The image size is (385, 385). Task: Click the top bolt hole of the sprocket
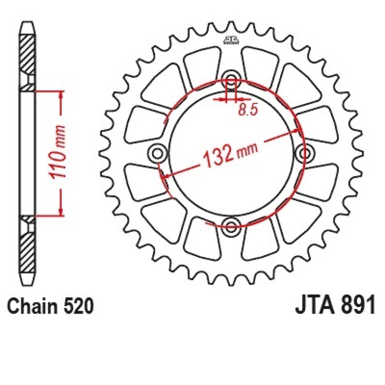click(x=230, y=76)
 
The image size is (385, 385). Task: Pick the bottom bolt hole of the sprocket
click(x=230, y=227)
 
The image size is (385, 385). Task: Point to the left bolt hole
click(x=156, y=152)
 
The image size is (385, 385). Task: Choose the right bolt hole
click(x=305, y=152)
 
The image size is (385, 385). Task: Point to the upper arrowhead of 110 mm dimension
click(x=60, y=95)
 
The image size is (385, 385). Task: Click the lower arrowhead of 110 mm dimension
click(x=60, y=211)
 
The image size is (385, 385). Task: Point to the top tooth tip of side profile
click(x=28, y=23)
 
